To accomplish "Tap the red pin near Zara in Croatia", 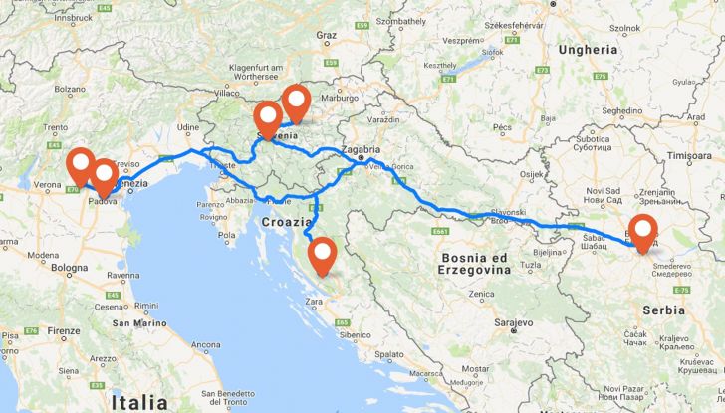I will pyautogui.click(x=321, y=255).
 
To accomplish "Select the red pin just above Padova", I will pyautogui.click(x=103, y=177).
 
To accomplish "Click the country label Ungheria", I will pyautogui.click(x=589, y=48).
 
